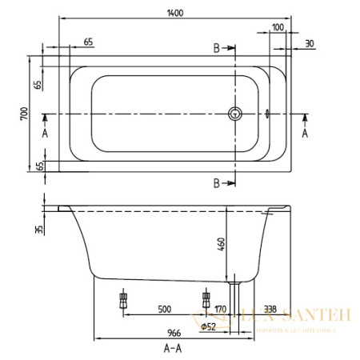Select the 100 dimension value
tap(277, 27)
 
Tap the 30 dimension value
tap(308, 43)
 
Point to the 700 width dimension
tap(25, 113)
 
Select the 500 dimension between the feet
tap(165, 308)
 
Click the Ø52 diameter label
tap(209, 326)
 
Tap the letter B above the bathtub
tap(216, 48)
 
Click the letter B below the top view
tap(216, 184)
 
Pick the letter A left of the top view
tap(46, 132)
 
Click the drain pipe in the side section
tap(235, 292)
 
